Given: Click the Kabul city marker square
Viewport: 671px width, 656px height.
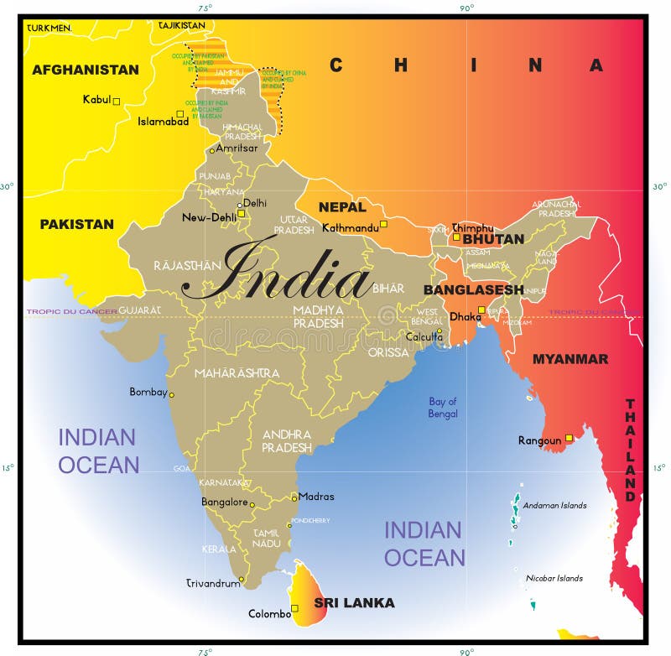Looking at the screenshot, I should click(x=117, y=102).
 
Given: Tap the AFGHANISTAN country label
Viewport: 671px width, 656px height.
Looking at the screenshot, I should click(x=85, y=70).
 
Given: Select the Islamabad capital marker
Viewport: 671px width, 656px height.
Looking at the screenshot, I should click(x=179, y=114).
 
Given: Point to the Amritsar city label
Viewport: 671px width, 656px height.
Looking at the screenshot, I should click(x=236, y=148).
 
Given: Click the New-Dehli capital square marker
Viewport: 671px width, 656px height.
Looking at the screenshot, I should click(x=242, y=213).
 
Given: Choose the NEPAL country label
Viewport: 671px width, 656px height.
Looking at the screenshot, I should click(x=342, y=206).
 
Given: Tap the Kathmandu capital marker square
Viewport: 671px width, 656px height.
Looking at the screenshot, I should click(x=383, y=224).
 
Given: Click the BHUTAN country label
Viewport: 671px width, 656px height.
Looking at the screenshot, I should click(x=493, y=238).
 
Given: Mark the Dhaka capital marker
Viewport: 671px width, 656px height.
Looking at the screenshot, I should click(x=481, y=310).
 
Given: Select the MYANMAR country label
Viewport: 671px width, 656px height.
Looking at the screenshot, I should click(x=570, y=358).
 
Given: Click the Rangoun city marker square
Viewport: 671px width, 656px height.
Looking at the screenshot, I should click(x=569, y=438).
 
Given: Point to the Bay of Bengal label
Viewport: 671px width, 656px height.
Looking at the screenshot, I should click(x=443, y=408).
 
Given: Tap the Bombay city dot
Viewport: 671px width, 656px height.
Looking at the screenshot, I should click(x=172, y=394).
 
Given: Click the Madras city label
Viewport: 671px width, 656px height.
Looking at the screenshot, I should click(x=316, y=496).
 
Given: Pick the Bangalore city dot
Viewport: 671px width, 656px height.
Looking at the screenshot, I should click(x=252, y=505).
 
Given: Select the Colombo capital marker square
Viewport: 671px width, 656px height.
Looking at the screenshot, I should click(x=294, y=608).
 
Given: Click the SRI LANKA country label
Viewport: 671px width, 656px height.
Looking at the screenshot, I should click(x=354, y=602).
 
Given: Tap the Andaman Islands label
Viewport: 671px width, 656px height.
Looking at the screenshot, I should click(x=554, y=505).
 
